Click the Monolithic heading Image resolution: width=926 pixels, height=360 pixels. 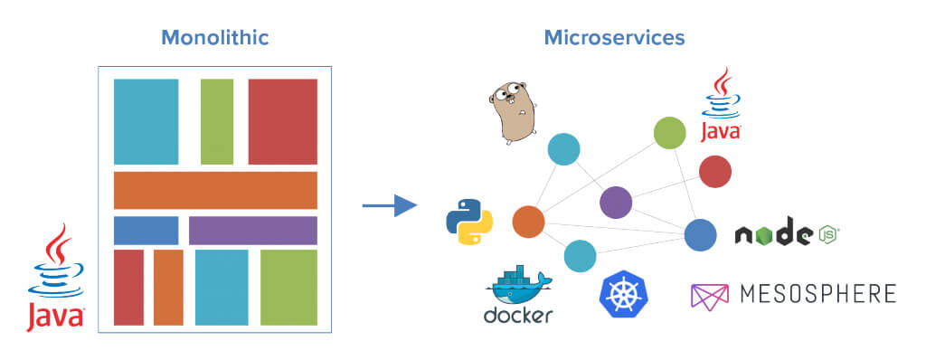[x=215, y=38]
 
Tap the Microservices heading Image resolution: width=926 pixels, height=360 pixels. [x=614, y=38]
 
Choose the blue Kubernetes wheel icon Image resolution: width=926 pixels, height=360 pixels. [x=624, y=295]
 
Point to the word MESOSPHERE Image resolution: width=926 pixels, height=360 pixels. [x=818, y=294]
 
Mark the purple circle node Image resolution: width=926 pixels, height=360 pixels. [x=616, y=203]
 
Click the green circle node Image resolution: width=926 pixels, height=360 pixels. [x=669, y=133]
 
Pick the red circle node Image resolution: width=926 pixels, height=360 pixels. [x=715, y=171]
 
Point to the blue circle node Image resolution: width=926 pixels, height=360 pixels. [x=700, y=235]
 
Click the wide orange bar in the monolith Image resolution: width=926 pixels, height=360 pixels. [x=215, y=190]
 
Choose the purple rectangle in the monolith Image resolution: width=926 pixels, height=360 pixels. [x=253, y=231]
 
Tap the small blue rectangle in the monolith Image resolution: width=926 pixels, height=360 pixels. [x=146, y=231]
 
